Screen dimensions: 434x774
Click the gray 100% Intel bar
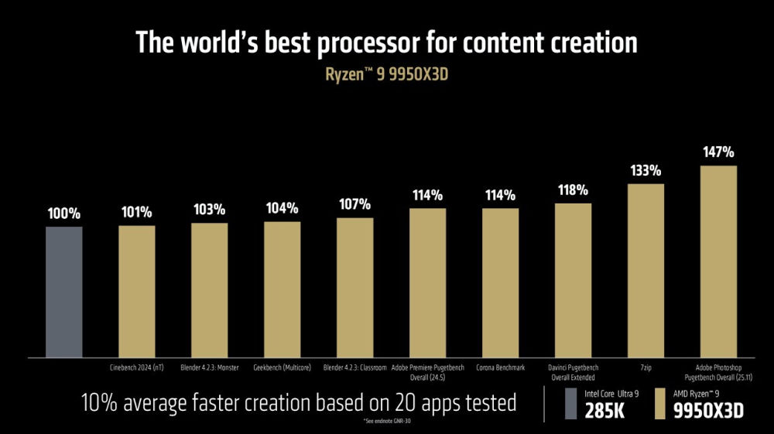(63, 292)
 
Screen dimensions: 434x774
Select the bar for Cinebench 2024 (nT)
(136, 292)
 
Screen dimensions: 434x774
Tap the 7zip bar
(646, 271)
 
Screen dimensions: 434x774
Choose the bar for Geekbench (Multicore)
(282, 289)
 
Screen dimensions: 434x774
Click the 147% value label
(718, 152)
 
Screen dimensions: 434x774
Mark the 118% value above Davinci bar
(573, 190)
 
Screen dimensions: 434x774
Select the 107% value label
(354, 205)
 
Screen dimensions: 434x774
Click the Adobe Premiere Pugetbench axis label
(427, 372)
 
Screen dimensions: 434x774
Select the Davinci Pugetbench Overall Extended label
(573, 372)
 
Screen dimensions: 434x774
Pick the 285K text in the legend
(604, 411)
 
